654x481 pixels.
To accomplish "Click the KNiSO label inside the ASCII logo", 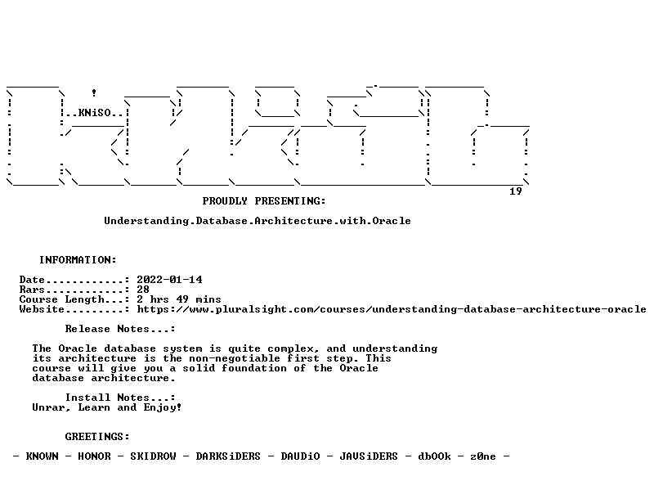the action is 94,113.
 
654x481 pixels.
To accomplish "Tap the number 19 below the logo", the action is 516,191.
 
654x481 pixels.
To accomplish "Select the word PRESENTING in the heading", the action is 290,201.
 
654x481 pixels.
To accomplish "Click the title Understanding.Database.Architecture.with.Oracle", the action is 258,221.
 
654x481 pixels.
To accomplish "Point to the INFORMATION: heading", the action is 78,260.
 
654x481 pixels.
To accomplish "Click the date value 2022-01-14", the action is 169,280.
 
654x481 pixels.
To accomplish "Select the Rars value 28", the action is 143,290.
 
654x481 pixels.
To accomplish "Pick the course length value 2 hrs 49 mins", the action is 179,299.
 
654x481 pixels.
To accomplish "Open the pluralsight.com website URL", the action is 392,309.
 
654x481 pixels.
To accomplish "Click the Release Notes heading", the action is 120,329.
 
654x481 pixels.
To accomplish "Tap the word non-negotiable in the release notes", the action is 235,358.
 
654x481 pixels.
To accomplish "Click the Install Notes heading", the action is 120,398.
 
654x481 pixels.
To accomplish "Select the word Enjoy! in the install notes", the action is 163,407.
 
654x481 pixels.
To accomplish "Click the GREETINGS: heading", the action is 97,437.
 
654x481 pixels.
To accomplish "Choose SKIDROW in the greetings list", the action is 153,456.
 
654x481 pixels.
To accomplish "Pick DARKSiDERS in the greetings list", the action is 228,456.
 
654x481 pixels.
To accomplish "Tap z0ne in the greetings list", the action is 483,456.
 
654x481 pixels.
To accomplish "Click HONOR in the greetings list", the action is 94,456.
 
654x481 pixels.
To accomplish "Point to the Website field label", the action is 42,309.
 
